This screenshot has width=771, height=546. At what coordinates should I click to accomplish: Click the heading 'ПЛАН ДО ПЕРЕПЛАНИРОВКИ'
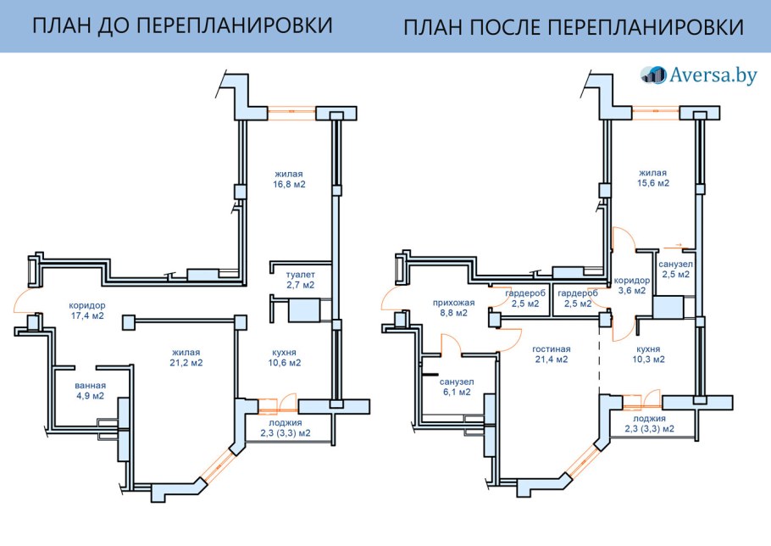click(x=181, y=26)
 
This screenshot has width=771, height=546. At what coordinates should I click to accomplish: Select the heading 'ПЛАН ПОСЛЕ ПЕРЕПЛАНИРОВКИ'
click(x=574, y=27)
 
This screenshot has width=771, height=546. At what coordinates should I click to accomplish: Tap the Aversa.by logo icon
click(x=653, y=75)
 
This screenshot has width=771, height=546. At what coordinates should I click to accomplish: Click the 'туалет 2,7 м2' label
click(x=300, y=280)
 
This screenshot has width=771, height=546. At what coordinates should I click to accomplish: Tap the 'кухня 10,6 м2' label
click(x=284, y=357)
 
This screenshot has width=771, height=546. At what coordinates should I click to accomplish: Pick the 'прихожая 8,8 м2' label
click(x=454, y=307)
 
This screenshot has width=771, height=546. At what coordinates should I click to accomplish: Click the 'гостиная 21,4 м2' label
click(x=552, y=354)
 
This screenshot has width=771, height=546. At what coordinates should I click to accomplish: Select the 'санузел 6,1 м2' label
click(x=457, y=387)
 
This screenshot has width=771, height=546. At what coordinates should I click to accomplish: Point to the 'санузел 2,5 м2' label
click(x=675, y=269)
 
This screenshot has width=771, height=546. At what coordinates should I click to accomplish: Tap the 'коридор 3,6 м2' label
click(x=631, y=285)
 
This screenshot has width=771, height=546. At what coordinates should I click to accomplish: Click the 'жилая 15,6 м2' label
click(x=653, y=177)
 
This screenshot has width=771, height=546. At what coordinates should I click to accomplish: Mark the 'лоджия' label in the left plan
click(x=285, y=422)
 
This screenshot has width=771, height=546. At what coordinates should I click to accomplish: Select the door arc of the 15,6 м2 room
click(x=620, y=239)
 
